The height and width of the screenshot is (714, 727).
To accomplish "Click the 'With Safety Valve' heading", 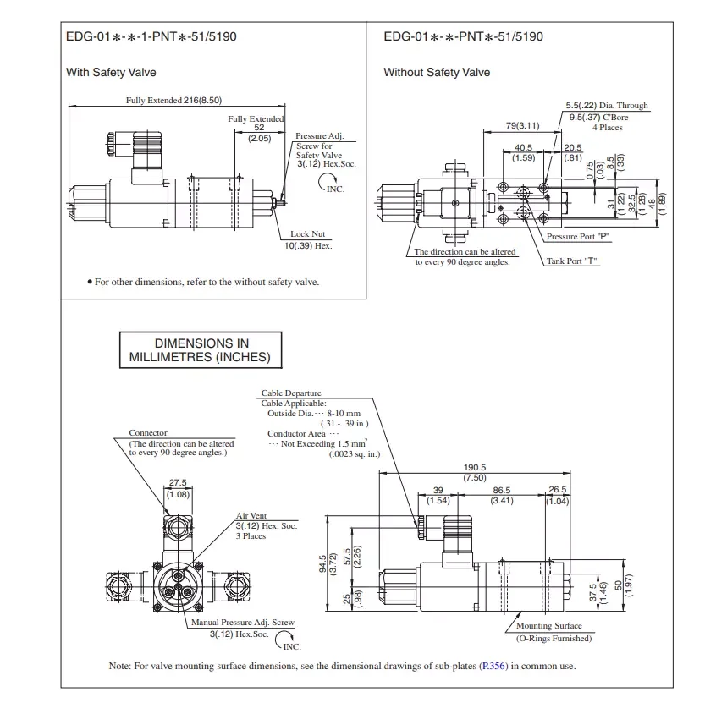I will click(x=111, y=73).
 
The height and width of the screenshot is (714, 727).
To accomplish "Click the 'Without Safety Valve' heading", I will click(x=437, y=73).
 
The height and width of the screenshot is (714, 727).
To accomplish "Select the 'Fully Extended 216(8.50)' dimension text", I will click(x=173, y=100).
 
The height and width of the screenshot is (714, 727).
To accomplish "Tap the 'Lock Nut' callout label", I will click(x=306, y=234).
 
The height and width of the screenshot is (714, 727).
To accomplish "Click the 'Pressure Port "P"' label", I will click(x=578, y=237).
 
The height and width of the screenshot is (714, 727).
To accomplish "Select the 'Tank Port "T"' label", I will click(x=572, y=261).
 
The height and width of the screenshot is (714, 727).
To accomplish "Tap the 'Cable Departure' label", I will click(x=291, y=393).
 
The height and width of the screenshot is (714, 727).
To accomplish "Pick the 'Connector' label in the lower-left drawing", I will click(x=148, y=433).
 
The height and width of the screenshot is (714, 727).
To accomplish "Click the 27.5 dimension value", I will click(x=178, y=483).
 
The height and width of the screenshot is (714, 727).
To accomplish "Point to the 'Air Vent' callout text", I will click(x=251, y=516).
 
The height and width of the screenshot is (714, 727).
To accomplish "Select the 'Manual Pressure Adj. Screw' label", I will click(x=243, y=623).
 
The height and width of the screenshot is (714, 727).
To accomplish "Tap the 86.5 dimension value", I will click(x=502, y=491).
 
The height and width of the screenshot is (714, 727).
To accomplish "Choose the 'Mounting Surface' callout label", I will click(x=549, y=626).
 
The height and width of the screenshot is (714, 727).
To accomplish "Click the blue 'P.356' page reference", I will click(x=493, y=667).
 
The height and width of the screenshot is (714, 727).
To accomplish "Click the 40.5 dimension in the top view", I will click(x=523, y=147).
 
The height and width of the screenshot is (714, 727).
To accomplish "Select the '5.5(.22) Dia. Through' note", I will click(x=607, y=106).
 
